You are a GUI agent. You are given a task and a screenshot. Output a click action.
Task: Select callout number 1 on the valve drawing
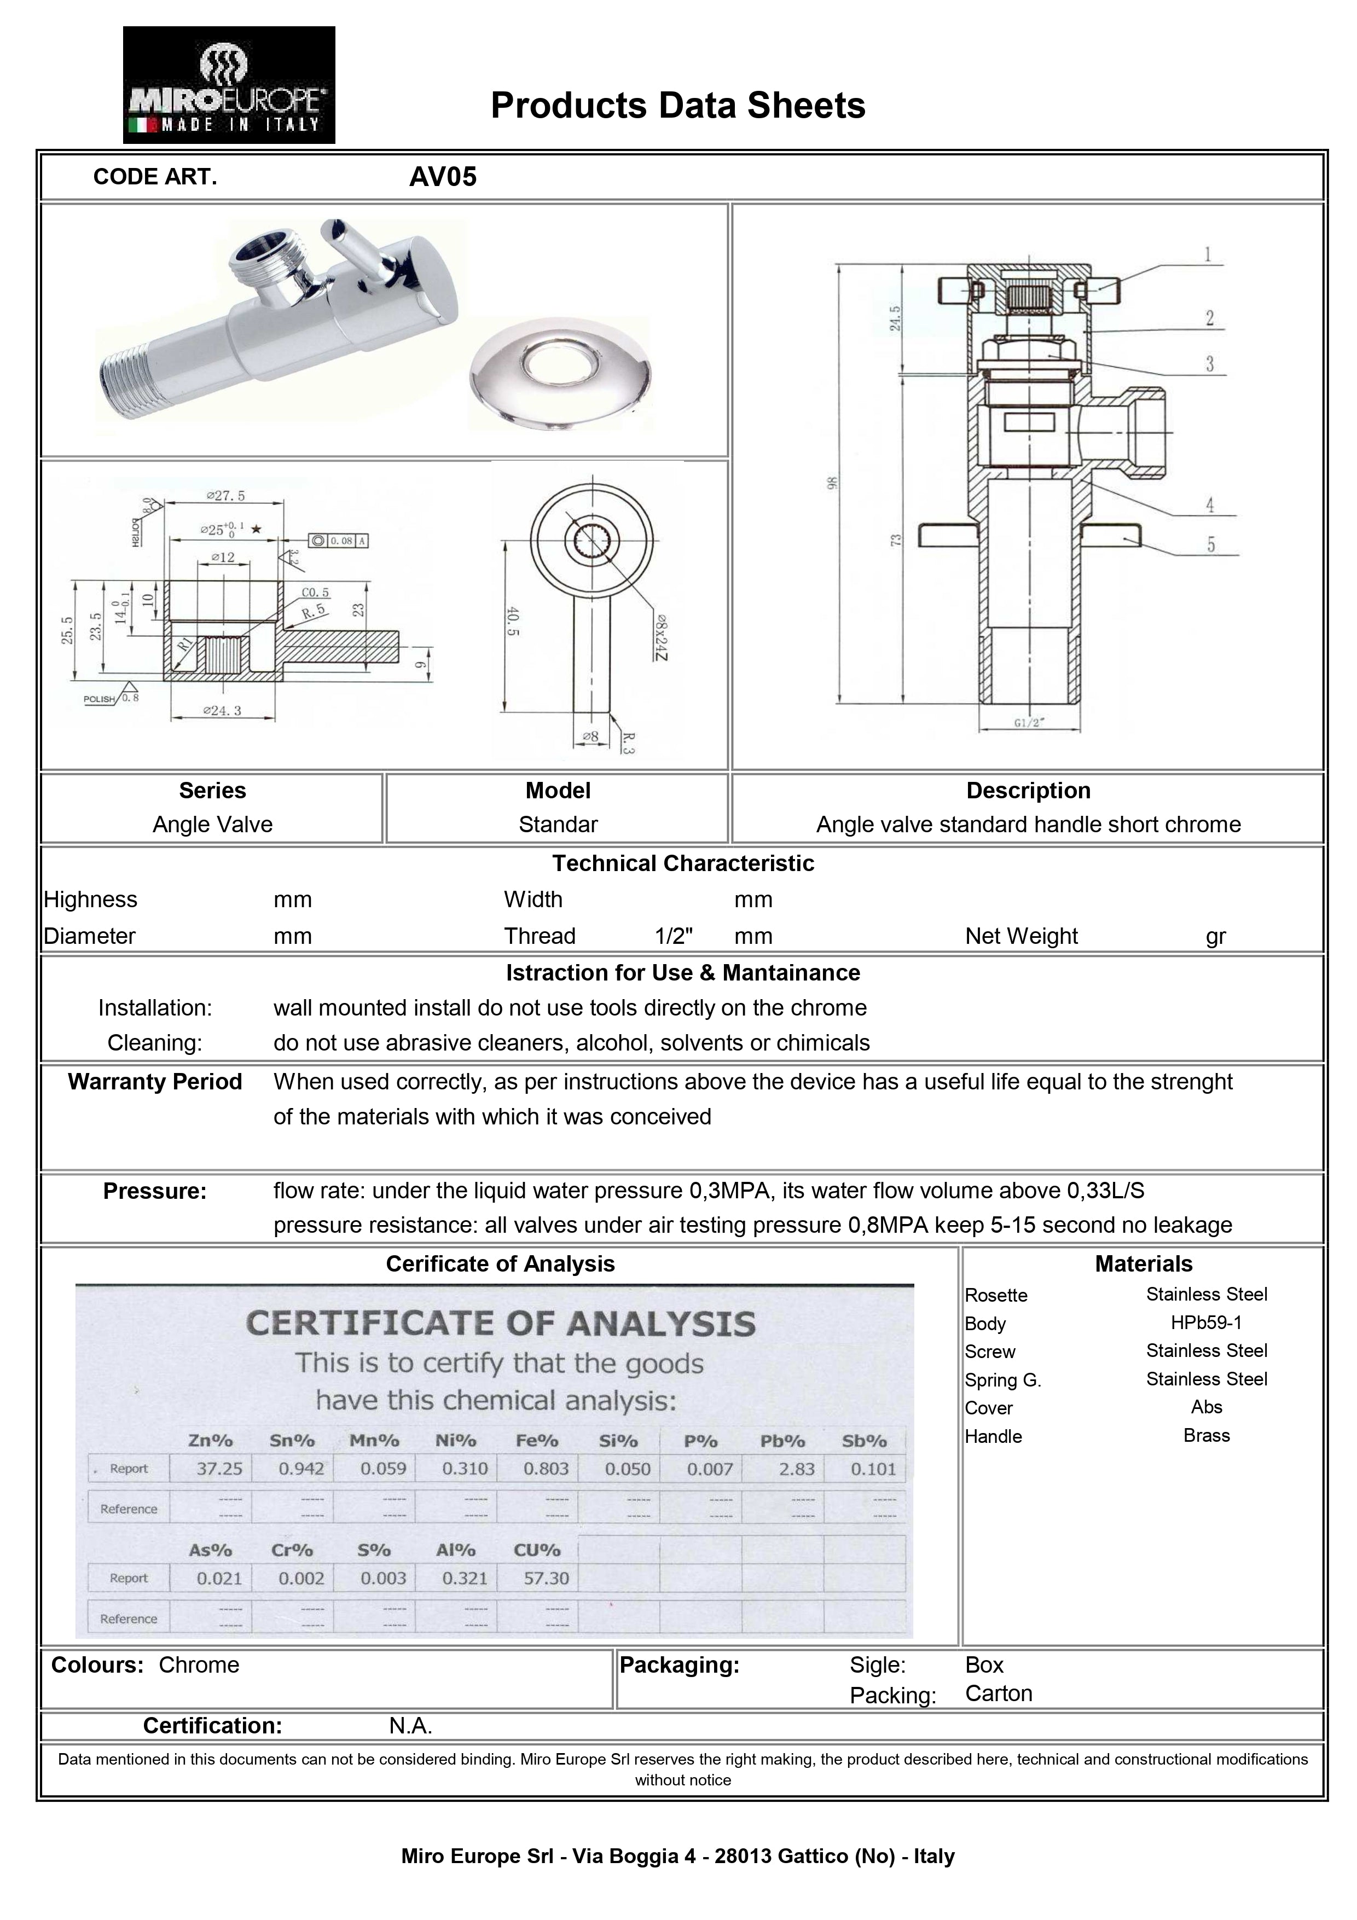(1207, 254)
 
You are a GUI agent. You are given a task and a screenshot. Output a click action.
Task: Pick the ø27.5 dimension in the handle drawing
(226, 495)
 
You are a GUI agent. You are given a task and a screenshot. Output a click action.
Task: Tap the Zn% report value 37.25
(219, 1469)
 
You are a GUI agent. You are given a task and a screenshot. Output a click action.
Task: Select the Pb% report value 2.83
(796, 1469)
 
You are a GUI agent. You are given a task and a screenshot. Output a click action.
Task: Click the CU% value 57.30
(546, 1579)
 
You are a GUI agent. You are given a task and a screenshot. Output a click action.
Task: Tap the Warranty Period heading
(155, 1082)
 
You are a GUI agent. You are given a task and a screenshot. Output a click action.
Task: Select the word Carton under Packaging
(998, 1693)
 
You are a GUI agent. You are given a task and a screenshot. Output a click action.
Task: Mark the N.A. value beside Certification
(410, 1725)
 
